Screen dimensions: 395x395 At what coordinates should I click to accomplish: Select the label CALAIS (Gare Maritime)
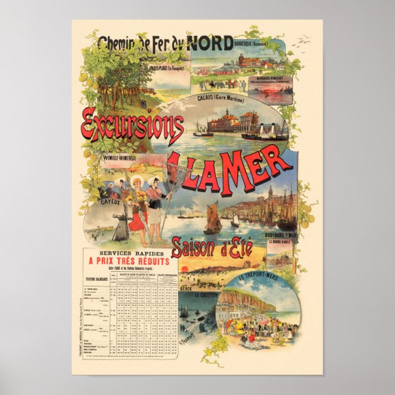coord(221,98)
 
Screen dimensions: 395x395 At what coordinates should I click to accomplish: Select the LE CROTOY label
coord(205,295)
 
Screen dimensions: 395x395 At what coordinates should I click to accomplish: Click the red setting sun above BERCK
coord(183,269)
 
